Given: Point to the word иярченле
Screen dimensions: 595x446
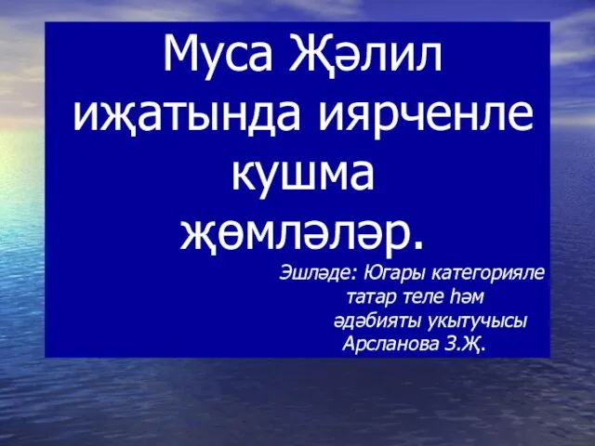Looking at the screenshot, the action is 426,116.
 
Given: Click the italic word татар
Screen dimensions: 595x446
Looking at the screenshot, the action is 372,298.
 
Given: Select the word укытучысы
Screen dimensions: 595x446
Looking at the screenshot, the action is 477,322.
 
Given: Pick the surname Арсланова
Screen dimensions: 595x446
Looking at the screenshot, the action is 390,344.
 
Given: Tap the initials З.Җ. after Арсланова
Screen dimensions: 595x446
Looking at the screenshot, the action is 464,345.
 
